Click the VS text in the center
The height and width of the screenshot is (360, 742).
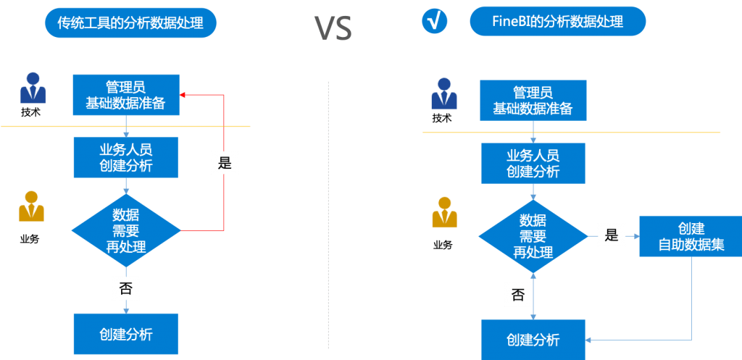pos(333,27)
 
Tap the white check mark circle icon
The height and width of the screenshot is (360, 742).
pos(435,21)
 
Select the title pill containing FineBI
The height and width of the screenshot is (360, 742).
pos(556,21)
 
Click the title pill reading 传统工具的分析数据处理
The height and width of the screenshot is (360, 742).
pos(130,22)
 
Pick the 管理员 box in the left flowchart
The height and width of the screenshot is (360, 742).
pos(126,95)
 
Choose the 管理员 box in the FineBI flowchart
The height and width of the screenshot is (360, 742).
pos(533,101)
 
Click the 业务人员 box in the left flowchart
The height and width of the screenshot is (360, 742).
pos(126,157)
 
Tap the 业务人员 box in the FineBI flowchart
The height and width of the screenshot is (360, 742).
pos(533,164)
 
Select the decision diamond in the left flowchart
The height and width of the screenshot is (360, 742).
pos(126,230)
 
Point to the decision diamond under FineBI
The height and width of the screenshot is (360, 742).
pos(533,235)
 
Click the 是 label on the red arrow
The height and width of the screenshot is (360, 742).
pos(225,163)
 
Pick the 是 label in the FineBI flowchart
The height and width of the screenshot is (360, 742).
pos(611,235)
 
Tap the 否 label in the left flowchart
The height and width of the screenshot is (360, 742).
pos(125,288)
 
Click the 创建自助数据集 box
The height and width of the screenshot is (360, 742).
pos(691,235)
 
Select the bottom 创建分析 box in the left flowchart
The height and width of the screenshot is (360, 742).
pos(126,334)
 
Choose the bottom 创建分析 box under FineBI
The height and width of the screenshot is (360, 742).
pos(533,340)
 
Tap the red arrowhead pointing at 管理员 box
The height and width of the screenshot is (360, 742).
pos(183,94)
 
